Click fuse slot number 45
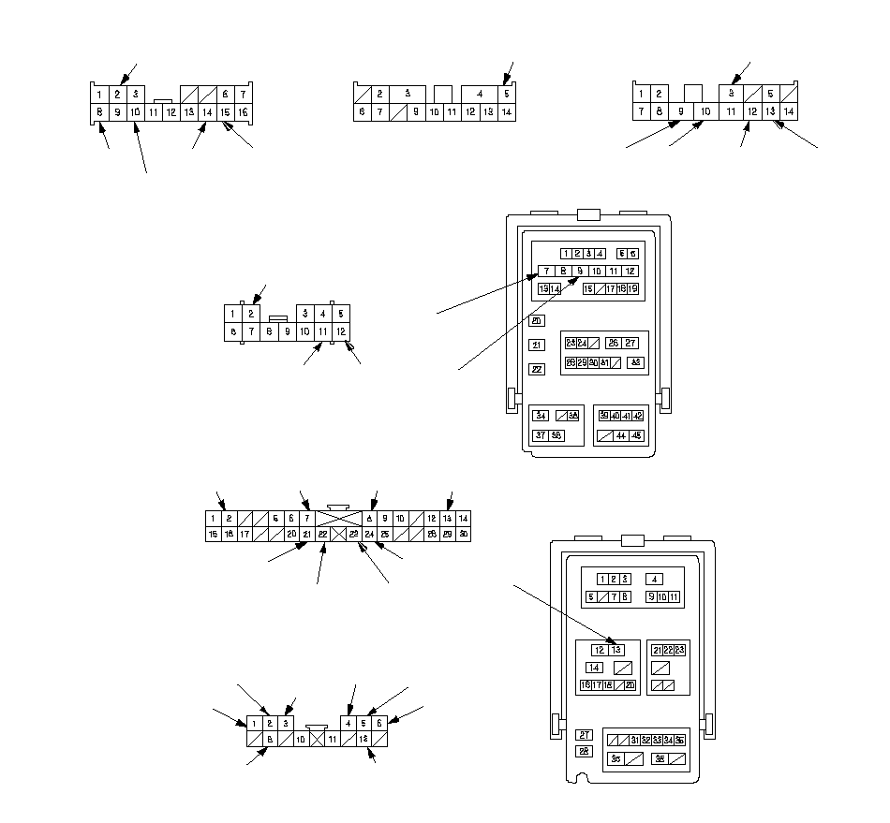click(636, 436)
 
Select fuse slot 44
click(620, 436)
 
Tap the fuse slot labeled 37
click(541, 435)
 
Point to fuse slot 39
click(604, 415)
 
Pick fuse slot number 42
click(638, 415)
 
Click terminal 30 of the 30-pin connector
click(463, 534)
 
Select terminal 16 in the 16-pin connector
click(242, 112)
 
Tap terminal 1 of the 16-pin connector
click(98, 94)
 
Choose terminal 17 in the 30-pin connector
click(245, 534)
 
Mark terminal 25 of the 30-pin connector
click(384, 534)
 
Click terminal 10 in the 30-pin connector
click(400, 518)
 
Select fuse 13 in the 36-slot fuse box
click(616, 650)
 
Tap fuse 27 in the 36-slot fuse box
click(584, 735)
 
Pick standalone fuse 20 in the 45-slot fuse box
click(537, 321)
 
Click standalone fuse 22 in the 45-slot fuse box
click(537, 368)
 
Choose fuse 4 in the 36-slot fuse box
click(655, 580)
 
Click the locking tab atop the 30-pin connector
click(338, 507)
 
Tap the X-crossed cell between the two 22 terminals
click(338, 534)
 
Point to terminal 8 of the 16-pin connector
click(98, 112)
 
